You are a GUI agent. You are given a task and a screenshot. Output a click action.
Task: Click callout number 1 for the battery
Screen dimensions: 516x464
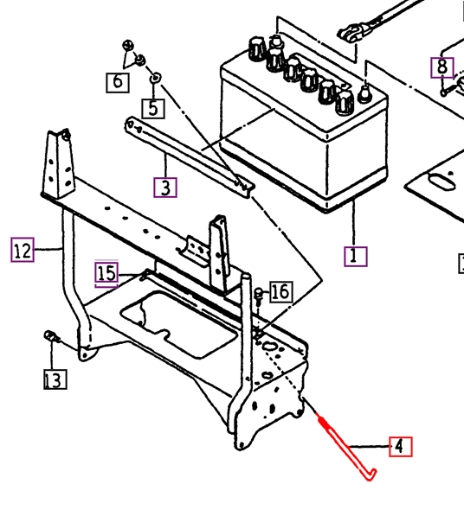click(x=355, y=256)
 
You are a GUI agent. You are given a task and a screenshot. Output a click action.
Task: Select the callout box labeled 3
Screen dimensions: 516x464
click(x=165, y=187)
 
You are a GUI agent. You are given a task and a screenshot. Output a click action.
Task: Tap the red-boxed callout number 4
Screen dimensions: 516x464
click(x=399, y=447)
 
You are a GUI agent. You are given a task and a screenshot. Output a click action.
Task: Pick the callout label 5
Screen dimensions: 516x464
click(x=153, y=108)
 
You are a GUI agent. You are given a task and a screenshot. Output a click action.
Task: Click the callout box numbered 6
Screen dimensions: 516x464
click(x=119, y=82)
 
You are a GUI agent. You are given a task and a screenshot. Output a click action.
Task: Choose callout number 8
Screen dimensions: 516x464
click(x=442, y=67)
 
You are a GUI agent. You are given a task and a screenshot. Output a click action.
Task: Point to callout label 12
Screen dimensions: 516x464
click(x=23, y=251)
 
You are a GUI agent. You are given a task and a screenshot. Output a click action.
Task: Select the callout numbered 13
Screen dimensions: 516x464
click(x=55, y=379)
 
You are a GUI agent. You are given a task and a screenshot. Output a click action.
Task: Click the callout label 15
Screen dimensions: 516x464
click(x=106, y=274)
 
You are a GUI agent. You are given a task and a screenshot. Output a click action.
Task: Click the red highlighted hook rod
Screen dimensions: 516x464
click(x=346, y=448)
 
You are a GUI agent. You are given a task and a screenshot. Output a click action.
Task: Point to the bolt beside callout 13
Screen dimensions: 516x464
click(x=51, y=336)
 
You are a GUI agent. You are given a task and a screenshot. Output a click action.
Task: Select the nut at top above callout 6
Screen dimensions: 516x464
click(x=128, y=45)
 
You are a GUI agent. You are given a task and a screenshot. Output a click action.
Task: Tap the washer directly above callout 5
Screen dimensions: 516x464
click(x=156, y=79)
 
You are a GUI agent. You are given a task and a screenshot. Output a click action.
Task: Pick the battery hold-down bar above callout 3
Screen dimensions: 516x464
click(x=186, y=156)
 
